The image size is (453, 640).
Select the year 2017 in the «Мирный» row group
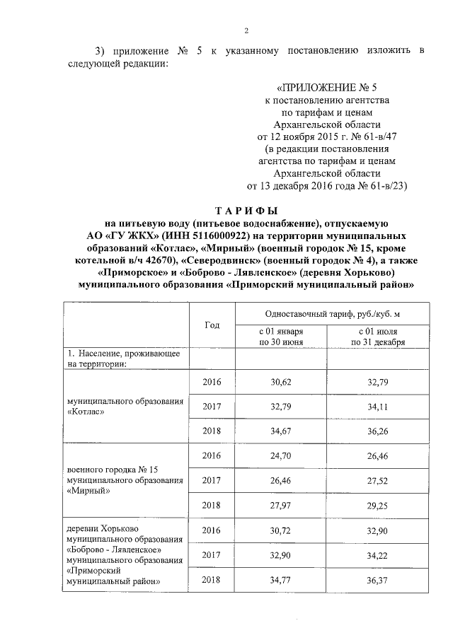click(x=212, y=481)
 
